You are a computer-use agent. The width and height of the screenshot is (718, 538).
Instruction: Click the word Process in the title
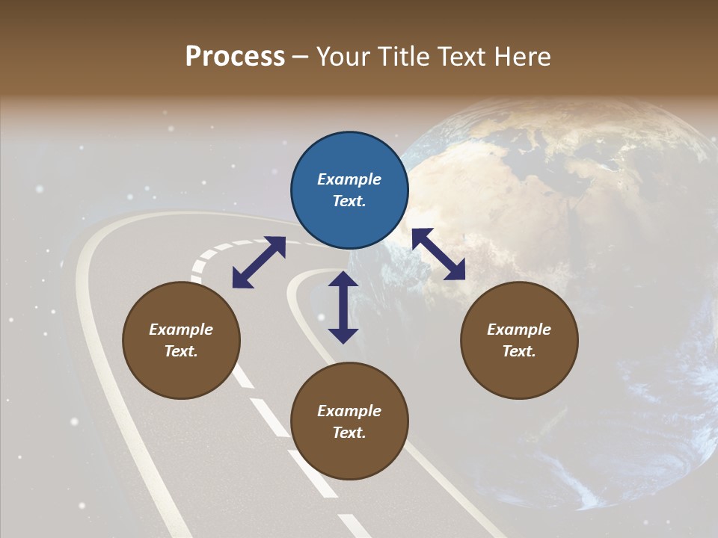click(x=235, y=57)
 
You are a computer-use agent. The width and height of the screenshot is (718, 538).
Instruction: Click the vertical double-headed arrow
click(x=343, y=307)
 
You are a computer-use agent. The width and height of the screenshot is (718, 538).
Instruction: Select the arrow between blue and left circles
click(x=259, y=262)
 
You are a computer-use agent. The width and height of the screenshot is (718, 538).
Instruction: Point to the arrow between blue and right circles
click(x=438, y=254)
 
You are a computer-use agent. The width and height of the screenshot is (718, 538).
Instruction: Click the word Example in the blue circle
click(x=349, y=179)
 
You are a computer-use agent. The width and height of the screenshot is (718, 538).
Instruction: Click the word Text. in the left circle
click(x=181, y=351)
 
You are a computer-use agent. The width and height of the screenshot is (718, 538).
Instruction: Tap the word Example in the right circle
click(x=519, y=330)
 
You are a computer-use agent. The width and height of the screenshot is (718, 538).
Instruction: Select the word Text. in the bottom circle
click(x=349, y=433)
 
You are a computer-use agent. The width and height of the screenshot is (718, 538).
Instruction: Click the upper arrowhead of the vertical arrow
click(x=343, y=279)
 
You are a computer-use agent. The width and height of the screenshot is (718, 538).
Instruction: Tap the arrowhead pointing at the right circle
click(x=456, y=272)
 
